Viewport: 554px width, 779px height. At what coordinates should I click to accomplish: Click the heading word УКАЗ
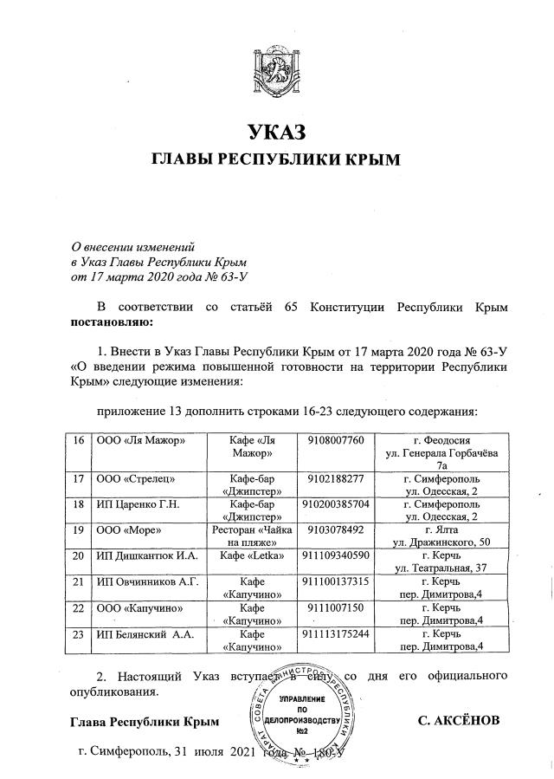tap(277, 133)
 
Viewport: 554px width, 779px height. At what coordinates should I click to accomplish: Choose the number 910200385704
tap(336, 503)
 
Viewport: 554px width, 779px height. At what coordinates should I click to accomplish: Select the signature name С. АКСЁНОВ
tap(470, 721)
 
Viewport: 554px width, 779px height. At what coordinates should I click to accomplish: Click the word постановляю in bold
tap(108, 323)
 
